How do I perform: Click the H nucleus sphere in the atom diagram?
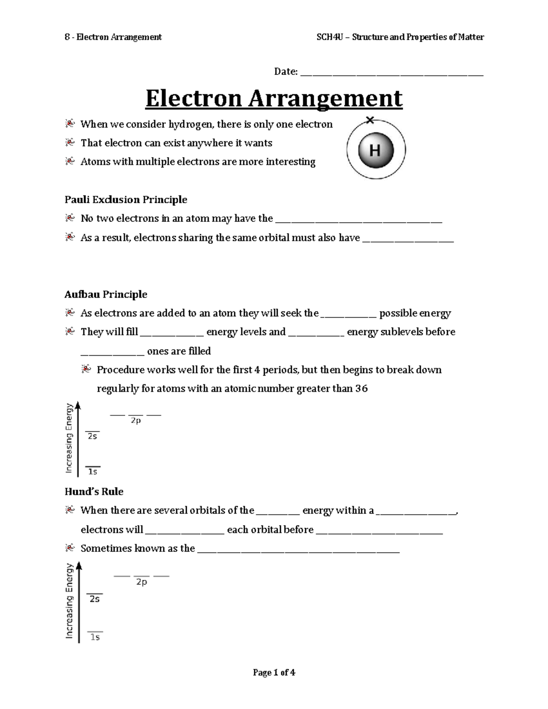pos(375,150)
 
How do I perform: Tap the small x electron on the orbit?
pos(370,120)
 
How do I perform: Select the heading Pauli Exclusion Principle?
pos(126,200)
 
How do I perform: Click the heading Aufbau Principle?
pos(106,294)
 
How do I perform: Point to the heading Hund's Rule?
pos(94,492)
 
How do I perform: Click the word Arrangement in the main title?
pos(325,99)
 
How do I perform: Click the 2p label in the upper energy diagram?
pos(136,420)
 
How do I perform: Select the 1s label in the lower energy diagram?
pos(95,637)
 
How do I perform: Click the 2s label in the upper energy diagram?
pos(92,436)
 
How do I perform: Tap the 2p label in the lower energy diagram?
pos(142,582)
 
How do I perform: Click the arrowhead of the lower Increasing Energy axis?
pos(79,566)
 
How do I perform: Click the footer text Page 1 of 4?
pos(274,672)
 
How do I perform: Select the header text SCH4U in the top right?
pos(327,37)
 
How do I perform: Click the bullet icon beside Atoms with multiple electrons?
pos(69,161)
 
